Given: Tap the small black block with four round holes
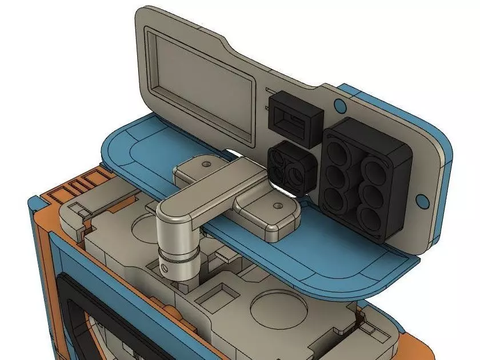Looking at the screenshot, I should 291,169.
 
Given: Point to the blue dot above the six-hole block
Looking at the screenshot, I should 339,105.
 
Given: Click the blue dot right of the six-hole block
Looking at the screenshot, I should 423,200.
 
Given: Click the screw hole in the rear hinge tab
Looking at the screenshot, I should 203,165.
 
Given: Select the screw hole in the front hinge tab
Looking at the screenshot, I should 278,204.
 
